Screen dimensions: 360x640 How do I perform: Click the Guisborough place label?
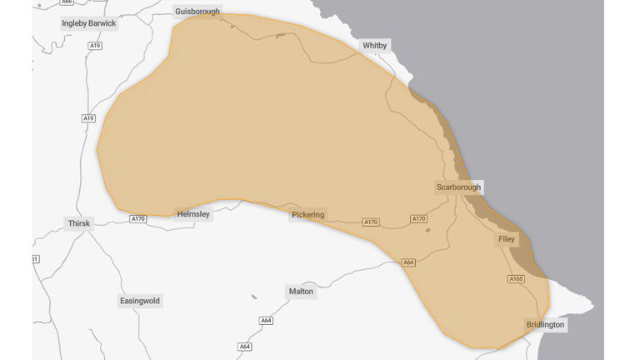click(197, 12)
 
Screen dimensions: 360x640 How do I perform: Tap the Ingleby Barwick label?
click(89, 23)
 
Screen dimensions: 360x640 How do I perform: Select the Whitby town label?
click(375, 45)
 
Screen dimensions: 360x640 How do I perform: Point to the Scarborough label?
click(458, 187)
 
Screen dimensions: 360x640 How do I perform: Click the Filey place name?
click(507, 240)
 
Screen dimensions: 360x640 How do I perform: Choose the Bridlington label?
click(545, 324)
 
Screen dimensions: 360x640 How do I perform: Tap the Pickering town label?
click(308, 215)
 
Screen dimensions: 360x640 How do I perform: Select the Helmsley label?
click(194, 214)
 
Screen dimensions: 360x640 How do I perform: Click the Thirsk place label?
click(78, 223)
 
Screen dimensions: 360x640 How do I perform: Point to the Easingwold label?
click(140, 301)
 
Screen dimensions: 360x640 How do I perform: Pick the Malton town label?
click(301, 292)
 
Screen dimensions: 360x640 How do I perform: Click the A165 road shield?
click(516, 279)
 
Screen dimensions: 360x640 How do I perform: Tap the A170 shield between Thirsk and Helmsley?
click(138, 219)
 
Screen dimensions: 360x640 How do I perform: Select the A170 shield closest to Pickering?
click(371, 222)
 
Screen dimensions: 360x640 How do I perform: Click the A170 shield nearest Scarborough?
click(419, 219)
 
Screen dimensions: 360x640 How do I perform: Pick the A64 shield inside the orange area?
click(408, 262)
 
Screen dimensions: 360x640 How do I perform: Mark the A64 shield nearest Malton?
click(266, 321)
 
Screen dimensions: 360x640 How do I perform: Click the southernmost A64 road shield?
click(245, 347)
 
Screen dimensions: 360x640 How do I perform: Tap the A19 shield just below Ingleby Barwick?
click(95, 46)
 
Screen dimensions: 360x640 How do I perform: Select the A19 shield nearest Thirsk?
click(88, 118)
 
